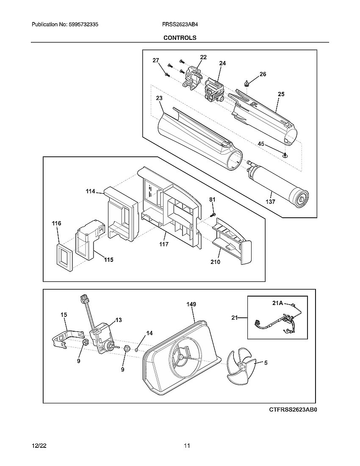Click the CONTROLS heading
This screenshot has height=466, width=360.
[180, 38]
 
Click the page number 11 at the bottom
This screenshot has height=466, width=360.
[187, 446]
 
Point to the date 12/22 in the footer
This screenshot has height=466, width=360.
[39, 446]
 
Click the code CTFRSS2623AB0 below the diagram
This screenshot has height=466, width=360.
[293, 410]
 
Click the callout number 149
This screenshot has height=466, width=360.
[191, 304]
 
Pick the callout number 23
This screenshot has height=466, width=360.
[159, 98]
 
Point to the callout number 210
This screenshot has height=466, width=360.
[215, 262]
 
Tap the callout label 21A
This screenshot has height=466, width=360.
[278, 303]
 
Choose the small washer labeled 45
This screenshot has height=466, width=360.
[285, 155]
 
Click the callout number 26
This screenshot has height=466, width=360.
[263, 74]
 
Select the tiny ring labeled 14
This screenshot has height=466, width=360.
[136, 349]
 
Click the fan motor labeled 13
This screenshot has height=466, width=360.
[102, 337]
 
